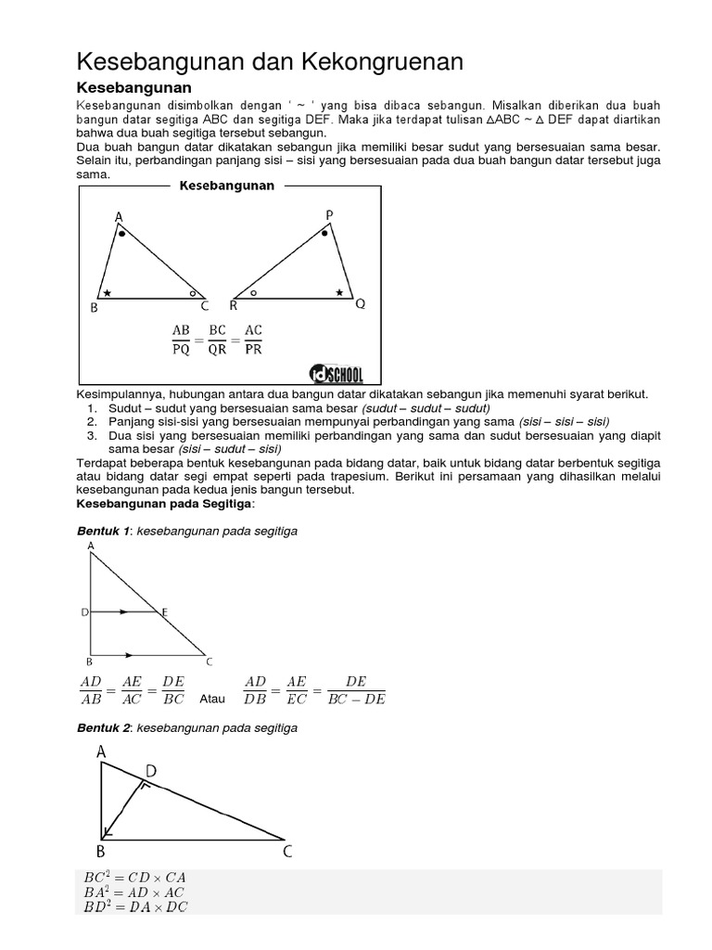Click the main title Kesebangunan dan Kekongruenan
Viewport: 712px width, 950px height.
(269, 61)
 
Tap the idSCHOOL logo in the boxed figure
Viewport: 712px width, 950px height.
(337, 373)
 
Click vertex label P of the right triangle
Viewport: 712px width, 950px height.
(329, 215)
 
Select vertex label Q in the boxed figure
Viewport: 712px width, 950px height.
(361, 303)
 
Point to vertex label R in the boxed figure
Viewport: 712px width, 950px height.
(233, 305)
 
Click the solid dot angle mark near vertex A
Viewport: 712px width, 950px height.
(121, 235)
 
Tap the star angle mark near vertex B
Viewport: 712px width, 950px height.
(108, 292)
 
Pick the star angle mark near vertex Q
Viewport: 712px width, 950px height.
(339, 292)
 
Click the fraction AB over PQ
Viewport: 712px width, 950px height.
(181, 340)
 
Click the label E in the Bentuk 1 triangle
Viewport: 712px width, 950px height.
(165, 611)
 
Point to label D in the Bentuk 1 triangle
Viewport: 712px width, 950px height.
(83, 612)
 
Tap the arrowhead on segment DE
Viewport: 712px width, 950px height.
(123, 612)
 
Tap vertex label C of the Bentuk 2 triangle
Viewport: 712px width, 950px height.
(287, 851)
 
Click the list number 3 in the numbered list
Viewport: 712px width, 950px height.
(92, 434)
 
